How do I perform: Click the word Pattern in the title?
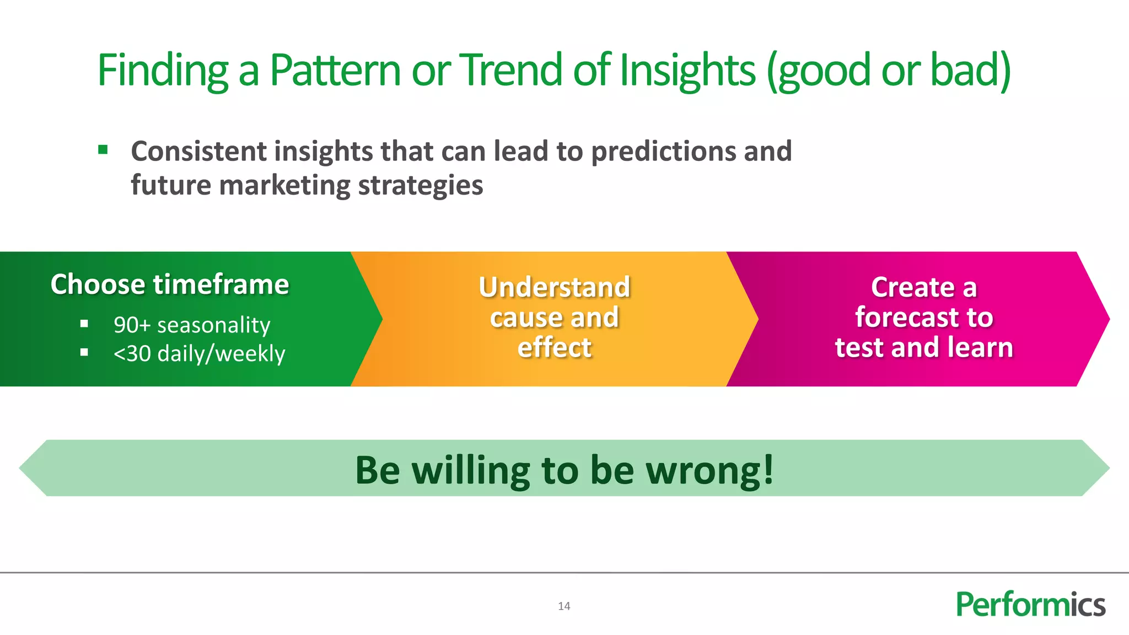pyautogui.click(x=335, y=70)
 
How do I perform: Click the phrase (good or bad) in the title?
pyautogui.click(x=889, y=70)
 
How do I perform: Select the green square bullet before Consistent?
pyautogui.click(x=103, y=149)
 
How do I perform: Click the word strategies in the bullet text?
pyautogui.click(x=420, y=185)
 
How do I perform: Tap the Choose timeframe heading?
pyautogui.click(x=170, y=284)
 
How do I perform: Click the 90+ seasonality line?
pyautogui.click(x=192, y=325)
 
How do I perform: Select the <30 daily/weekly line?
pyautogui.click(x=199, y=353)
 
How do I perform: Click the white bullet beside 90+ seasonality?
pyautogui.click(x=84, y=324)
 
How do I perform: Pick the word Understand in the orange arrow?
pyautogui.click(x=555, y=287)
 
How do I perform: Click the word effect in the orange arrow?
pyautogui.click(x=555, y=347)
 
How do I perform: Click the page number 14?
pyautogui.click(x=564, y=606)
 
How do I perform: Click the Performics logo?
pyautogui.click(x=1030, y=605)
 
